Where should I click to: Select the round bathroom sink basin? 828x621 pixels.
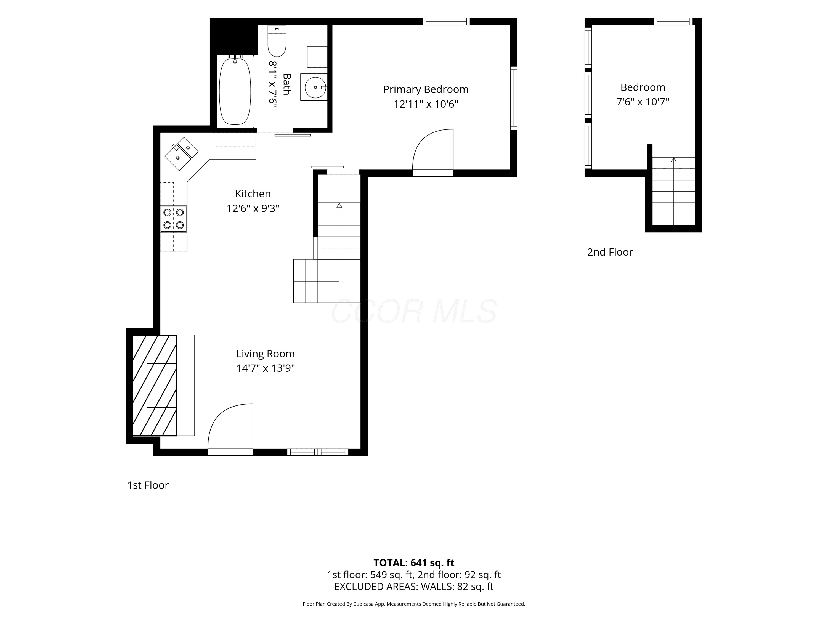pyautogui.click(x=315, y=87)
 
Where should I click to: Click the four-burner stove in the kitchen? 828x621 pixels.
pyautogui.click(x=174, y=219)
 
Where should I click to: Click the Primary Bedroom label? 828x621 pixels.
pyautogui.click(x=426, y=89)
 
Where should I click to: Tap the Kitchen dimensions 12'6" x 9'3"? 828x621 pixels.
pyautogui.click(x=253, y=208)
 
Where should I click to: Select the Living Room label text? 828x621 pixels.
pyautogui.click(x=266, y=354)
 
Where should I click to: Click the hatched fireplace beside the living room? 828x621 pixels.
pyautogui.click(x=155, y=385)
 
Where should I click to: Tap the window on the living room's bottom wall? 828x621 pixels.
pyautogui.click(x=318, y=452)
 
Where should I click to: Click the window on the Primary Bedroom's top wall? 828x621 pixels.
pyautogui.click(x=446, y=21)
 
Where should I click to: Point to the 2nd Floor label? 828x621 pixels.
pyautogui.click(x=610, y=252)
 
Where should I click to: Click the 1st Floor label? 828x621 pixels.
pyautogui.click(x=148, y=485)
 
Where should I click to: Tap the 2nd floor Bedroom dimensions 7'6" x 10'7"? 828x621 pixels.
pyautogui.click(x=643, y=102)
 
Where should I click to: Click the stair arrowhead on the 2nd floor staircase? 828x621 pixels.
pyautogui.click(x=674, y=160)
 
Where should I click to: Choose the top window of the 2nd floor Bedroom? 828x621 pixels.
pyautogui.click(x=673, y=21)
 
